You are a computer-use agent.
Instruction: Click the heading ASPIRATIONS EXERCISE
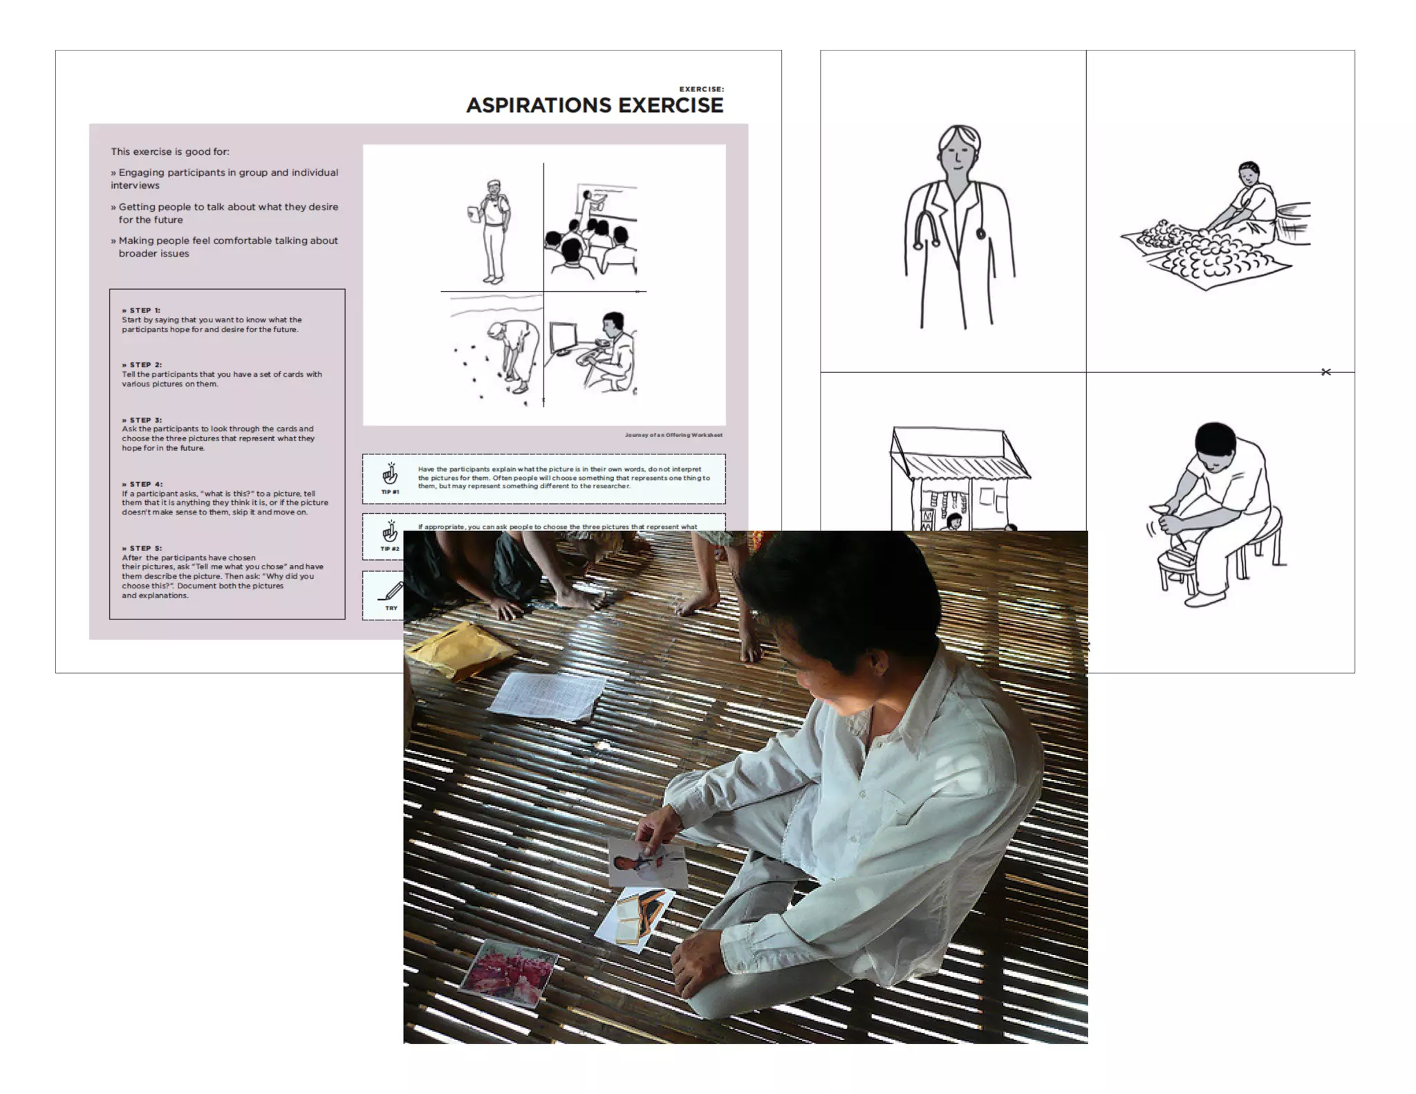(x=594, y=105)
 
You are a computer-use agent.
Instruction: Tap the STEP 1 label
(x=141, y=310)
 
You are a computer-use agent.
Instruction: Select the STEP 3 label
(x=142, y=420)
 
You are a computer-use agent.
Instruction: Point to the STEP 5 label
(x=142, y=548)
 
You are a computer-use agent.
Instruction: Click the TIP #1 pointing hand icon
(x=390, y=474)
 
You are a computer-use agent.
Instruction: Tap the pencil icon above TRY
(x=391, y=592)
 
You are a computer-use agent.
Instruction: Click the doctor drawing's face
(x=958, y=158)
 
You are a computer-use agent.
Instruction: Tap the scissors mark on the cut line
(x=1325, y=372)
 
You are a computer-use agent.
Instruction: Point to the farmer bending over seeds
(x=512, y=353)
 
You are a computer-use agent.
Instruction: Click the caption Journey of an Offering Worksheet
(x=673, y=435)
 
